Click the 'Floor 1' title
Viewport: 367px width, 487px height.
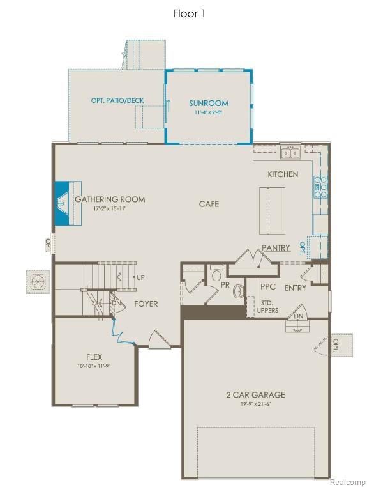coord(189,13)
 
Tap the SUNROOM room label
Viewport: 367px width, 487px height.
coord(208,103)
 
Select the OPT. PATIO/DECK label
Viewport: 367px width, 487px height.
coord(118,101)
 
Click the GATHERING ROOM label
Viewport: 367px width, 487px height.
coord(110,199)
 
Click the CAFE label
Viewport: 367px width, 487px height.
coord(209,204)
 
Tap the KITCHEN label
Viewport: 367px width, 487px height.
coord(283,174)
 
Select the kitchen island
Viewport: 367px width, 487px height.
coord(271,211)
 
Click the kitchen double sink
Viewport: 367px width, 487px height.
coord(290,152)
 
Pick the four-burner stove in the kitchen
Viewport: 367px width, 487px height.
coord(320,187)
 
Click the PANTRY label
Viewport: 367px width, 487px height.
coord(276,247)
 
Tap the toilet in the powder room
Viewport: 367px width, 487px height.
coord(216,273)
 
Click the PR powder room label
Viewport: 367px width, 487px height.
coord(225,285)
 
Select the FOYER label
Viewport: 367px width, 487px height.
coord(146,304)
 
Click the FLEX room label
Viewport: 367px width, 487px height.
coord(94,357)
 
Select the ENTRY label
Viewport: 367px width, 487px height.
coord(296,288)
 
